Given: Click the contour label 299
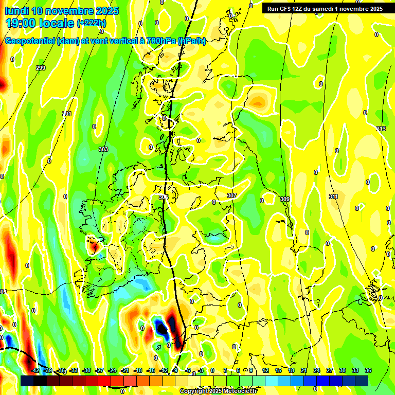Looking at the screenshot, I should tap(41, 68).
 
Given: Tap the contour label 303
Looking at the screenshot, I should tap(103, 149).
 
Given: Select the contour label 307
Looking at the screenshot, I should tap(231, 195).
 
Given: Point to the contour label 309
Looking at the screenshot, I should tap(285, 199).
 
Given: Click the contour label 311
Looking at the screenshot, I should tap(333, 196).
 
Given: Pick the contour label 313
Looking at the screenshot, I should tap(381, 129).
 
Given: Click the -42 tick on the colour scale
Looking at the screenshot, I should tap(35, 370).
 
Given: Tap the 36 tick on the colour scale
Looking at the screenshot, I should tap(368, 370).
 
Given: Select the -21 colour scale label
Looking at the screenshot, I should tap(125, 370).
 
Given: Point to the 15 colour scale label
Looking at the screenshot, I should tap(278, 370).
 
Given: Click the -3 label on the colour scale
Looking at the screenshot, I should tap(201, 370).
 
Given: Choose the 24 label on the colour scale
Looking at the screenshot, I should tap(317, 370).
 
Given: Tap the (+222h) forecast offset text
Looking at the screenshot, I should tap(92, 23).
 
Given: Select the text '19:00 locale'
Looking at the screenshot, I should tap(39, 23).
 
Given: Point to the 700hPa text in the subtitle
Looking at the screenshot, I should tap(161, 41).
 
